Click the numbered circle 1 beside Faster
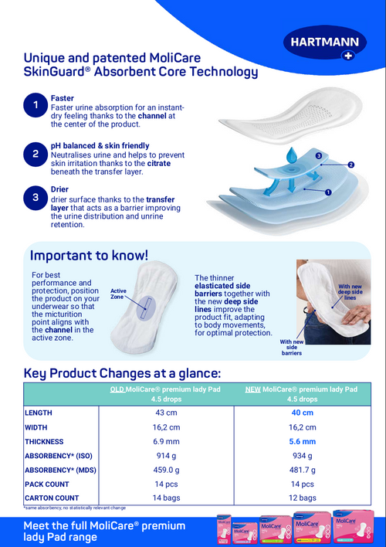click(36, 104)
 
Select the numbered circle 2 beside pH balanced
click(36, 153)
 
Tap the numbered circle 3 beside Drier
click(36, 199)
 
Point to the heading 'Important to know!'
click(89, 255)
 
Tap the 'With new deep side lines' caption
click(350, 291)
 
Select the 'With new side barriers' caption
click(291, 347)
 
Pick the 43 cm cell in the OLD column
click(167, 413)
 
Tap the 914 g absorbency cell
click(167, 455)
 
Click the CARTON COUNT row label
click(52, 498)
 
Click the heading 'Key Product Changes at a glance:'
click(122, 372)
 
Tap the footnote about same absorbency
click(76, 508)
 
